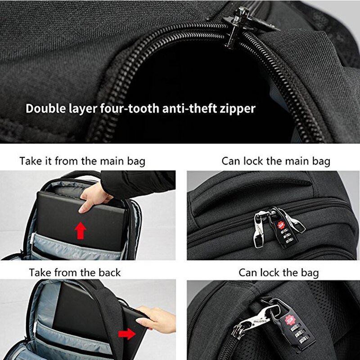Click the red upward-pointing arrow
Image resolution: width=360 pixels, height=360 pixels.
point(81,230)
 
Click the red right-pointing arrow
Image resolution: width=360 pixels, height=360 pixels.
point(127,334)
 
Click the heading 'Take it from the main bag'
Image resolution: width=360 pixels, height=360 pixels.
point(82,161)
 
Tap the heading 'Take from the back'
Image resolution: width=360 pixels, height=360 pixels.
point(75,272)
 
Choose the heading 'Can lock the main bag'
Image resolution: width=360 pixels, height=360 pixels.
point(276,161)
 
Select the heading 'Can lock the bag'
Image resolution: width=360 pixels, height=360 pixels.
point(279,272)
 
